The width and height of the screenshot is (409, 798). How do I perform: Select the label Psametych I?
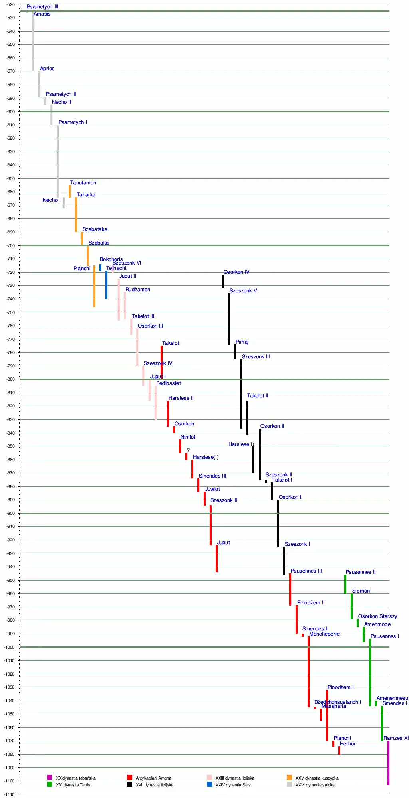pyautogui.click(x=73, y=122)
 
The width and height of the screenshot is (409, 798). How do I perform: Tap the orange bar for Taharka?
pyautogui.click(x=76, y=214)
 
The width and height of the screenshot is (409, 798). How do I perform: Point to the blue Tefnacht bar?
pyautogui.click(x=106, y=284)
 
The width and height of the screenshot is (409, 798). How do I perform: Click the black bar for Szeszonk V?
pyautogui.click(x=229, y=319)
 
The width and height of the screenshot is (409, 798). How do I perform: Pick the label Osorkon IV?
pyautogui.click(x=236, y=272)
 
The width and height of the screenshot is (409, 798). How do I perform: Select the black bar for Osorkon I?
pyautogui.click(x=278, y=523)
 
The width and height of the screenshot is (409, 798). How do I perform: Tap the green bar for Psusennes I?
pyautogui.click(x=370, y=672)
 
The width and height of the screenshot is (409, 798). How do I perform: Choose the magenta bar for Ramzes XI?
pyautogui.click(x=388, y=762)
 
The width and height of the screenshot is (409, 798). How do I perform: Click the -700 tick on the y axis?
pyautogui.click(x=11, y=245)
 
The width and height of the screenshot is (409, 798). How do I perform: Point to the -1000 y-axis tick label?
pyautogui.click(x=10, y=647)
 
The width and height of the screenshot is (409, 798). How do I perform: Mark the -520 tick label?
pyautogui.click(x=11, y=5)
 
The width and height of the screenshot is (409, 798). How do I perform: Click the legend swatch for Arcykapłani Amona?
pyautogui.click(x=129, y=777)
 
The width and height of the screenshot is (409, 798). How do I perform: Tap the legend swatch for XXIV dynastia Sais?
pyautogui.click(x=209, y=784)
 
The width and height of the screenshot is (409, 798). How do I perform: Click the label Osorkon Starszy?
pyautogui.click(x=377, y=616)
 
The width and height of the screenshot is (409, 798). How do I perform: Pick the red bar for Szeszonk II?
pyautogui.click(x=210, y=525)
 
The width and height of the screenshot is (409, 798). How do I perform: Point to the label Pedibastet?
pyautogui.click(x=169, y=383)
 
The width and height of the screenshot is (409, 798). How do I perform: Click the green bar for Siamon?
pyautogui.click(x=351, y=606)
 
